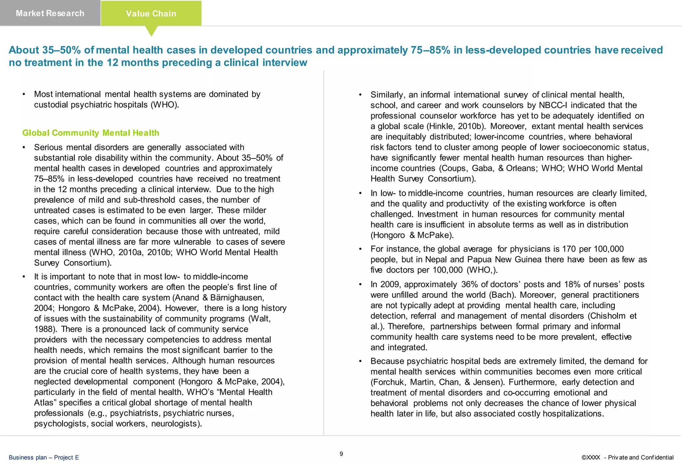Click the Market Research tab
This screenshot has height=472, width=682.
coord(50,13)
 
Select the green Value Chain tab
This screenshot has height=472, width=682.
coord(151,14)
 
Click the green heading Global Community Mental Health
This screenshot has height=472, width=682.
coord(91,133)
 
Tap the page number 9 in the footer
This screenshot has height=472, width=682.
coord(341,454)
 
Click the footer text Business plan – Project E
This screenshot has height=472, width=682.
coord(44,457)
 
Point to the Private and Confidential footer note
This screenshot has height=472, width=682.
coord(640,457)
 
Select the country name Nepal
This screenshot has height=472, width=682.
coord(436,260)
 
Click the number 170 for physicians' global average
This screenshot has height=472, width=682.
coord(569,249)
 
